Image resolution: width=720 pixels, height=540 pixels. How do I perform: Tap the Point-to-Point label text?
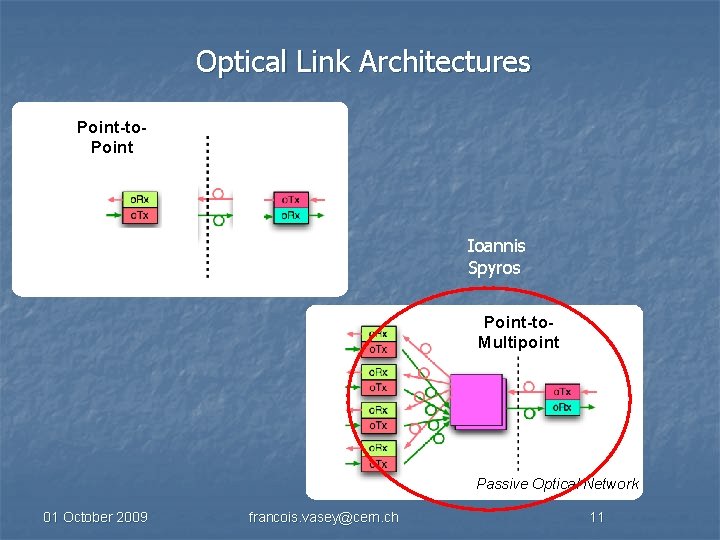pos(105,137)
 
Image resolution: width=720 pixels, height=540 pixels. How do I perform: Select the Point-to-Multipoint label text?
pos(518,332)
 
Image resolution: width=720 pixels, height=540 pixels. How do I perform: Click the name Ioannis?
pos(496,245)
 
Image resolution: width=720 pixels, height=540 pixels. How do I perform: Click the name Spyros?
pos(494,268)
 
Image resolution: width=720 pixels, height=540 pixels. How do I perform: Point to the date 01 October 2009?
pos(95,517)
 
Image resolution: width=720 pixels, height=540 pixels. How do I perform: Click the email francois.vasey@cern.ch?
pos(323,517)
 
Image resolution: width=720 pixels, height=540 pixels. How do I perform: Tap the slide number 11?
pos(596,517)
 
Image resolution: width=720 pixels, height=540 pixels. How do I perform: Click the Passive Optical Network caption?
pos(557,484)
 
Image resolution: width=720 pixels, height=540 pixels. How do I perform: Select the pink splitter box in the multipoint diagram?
pos(476,402)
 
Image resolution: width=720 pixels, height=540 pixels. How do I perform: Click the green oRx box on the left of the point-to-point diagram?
pos(140,199)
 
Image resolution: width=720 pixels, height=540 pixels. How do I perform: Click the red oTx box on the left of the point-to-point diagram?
pos(140,215)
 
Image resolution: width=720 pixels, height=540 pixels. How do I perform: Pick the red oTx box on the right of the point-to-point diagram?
pos(291,199)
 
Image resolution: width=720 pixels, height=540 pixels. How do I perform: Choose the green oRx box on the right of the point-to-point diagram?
pos(291,215)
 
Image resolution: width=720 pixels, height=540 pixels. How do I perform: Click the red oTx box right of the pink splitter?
pos(563,392)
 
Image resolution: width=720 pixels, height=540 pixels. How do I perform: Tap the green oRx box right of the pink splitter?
pos(563,408)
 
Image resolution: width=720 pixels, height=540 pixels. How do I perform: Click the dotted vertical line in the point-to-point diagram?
pos(207,250)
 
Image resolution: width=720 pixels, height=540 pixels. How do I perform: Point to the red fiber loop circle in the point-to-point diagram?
pos(218,193)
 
